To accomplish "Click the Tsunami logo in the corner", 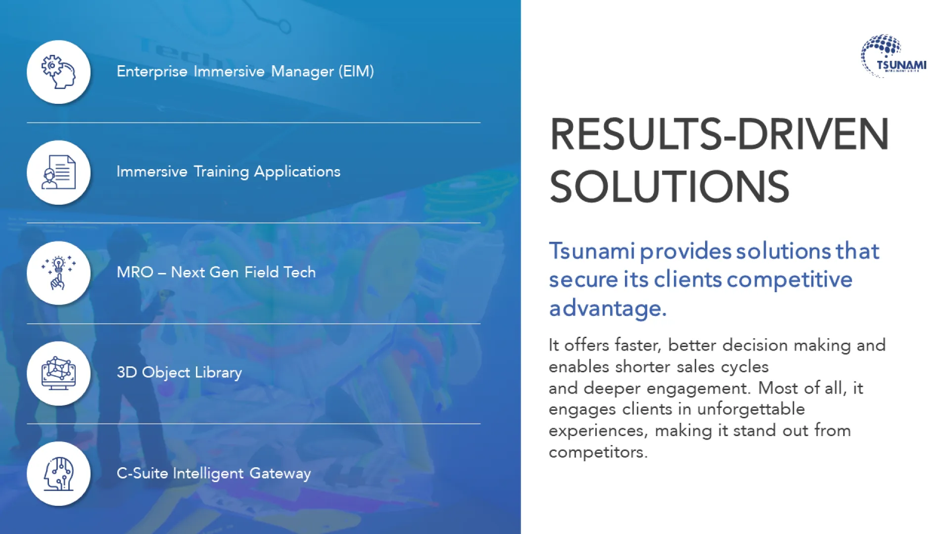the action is pyautogui.click(x=893, y=56).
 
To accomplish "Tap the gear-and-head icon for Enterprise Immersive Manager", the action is pyautogui.click(x=58, y=72).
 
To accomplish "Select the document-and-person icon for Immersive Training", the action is pyautogui.click(x=58, y=172).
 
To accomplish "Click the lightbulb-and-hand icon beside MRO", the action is pyautogui.click(x=58, y=272).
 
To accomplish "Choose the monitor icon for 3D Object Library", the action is pyautogui.click(x=58, y=373).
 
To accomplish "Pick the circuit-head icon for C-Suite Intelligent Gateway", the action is pyautogui.click(x=58, y=474).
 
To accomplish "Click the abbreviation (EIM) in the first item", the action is pyautogui.click(x=356, y=71).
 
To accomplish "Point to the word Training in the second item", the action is pyautogui.click(x=221, y=172).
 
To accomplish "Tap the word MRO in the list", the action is pyautogui.click(x=135, y=272).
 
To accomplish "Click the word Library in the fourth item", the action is pyautogui.click(x=218, y=372).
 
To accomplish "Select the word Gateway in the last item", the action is pyautogui.click(x=280, y=473).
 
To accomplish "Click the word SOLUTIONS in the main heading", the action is pyautogui.click(x=669, y=187).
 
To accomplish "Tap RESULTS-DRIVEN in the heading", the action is pyautogui.click(x=719, y=134).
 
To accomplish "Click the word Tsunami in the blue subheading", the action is pyautogui.click(x=592, y=251).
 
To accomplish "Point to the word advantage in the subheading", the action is pyautogui.click(x=608, y=308).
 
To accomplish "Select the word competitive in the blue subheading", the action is pyautogui.click(x=790, y=280).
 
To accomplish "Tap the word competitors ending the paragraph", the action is pyautogui.click(x=598, y=452).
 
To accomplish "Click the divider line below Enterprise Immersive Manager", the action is pyautogui.click(x=253, y=123).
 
